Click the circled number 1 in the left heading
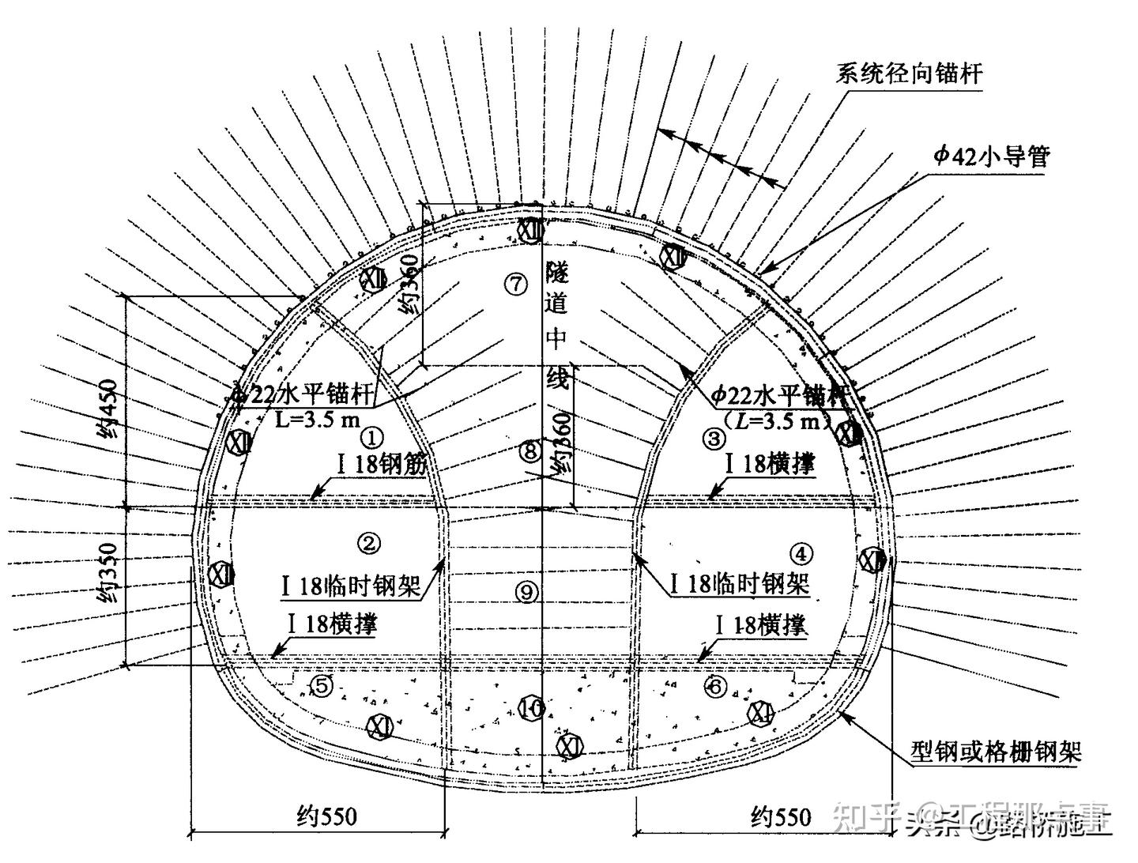click(371, 437)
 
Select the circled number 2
click(369, 542)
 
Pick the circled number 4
click(801, 554)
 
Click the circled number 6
click(715, 687)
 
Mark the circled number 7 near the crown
click(516, 284)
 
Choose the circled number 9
click(527, 590)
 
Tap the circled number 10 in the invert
click(531, 708)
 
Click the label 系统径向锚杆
click(909, 73)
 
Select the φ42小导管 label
click(992, 156)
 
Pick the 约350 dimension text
click(107, 574)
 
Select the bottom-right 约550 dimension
click(781, 816)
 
